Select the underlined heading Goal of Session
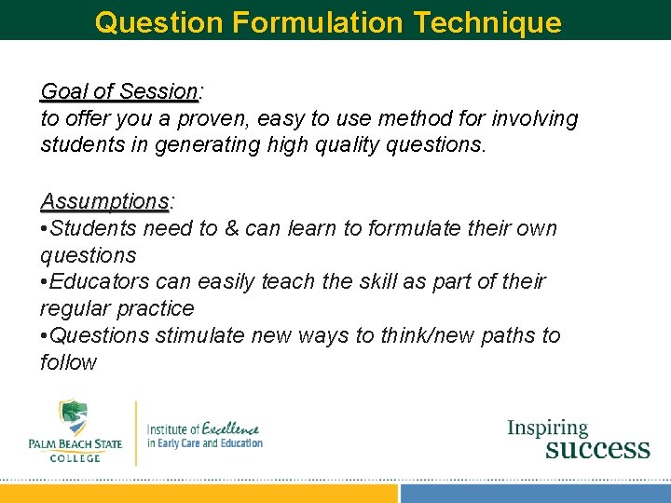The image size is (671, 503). tap(118, 91)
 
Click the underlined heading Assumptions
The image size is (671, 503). tap(104, 201)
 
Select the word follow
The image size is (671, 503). tap(68, 362)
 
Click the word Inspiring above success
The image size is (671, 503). tap(547, 428)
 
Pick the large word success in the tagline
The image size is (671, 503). tap(596, 449)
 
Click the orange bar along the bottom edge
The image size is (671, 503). tap(199, 494)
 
